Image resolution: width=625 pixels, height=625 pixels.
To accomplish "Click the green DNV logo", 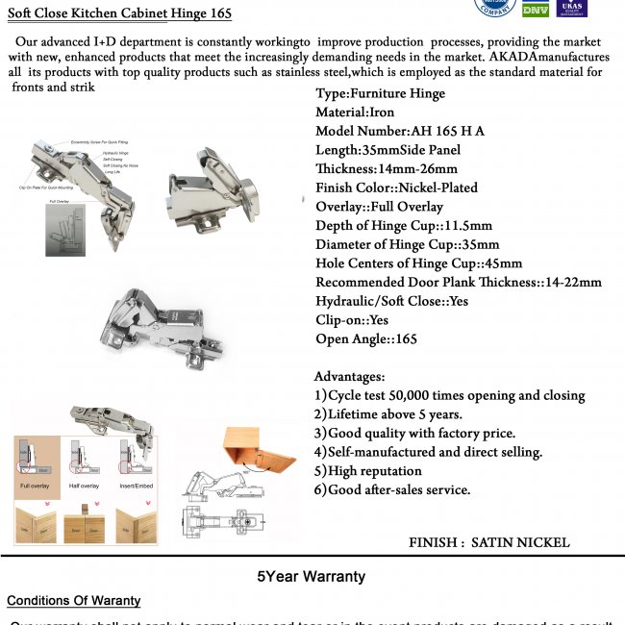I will click(535, 9).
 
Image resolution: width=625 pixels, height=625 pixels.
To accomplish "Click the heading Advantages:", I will click(349, 376).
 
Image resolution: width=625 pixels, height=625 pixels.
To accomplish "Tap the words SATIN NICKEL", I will click(520, 542).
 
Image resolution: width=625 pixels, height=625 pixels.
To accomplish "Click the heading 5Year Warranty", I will click(311, 577).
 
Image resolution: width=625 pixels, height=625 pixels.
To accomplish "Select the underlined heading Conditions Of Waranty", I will click(73, 601).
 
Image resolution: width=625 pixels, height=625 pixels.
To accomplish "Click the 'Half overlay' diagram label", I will click(85, 487).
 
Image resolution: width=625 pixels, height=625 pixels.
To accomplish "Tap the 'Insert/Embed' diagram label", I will click(136, 487).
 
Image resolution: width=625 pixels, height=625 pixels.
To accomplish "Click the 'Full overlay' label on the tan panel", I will click(36, 487).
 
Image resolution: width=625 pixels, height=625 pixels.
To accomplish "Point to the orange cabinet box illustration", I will click(255, 451).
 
